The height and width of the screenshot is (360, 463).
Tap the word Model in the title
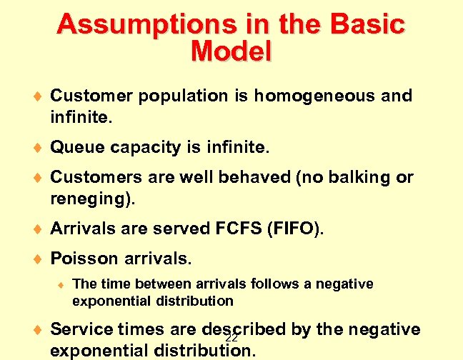[231, 51]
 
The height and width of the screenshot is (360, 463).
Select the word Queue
[76, 148]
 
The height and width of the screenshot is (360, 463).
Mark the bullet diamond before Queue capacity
[37, 149]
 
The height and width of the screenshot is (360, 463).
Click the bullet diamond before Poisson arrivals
[37, 256]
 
